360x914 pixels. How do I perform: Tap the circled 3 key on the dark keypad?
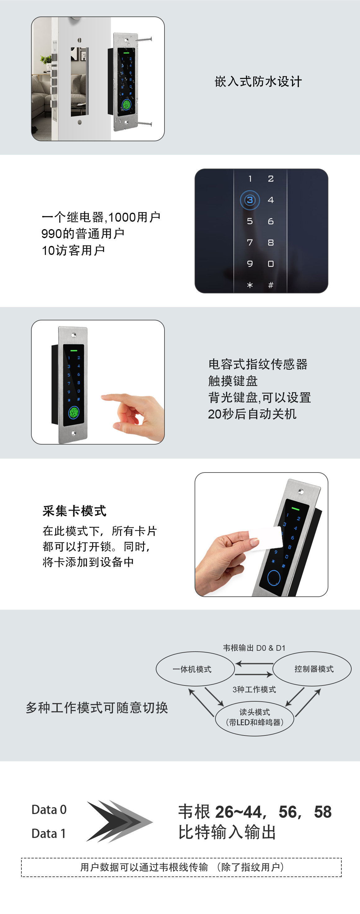point(250,200)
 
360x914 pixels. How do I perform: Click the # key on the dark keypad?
point(271,285)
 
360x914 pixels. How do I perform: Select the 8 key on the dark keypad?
point(271,243)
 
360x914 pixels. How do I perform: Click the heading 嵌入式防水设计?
point(258,82)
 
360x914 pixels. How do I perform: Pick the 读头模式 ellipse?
point(254,717)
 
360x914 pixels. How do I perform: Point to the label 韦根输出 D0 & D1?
point(254,648)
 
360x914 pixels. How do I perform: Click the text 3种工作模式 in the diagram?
point(254,690)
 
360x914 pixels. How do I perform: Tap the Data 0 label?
point(49,810)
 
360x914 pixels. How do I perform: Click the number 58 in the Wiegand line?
point(322,812)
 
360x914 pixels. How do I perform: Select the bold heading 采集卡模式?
point(74,511)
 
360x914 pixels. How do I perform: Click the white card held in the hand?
point(268,539)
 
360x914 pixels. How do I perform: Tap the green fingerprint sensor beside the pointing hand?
point(74,412)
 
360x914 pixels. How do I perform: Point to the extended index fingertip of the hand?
point(104,397)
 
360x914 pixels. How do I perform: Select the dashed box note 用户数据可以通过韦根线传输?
point(181,867)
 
